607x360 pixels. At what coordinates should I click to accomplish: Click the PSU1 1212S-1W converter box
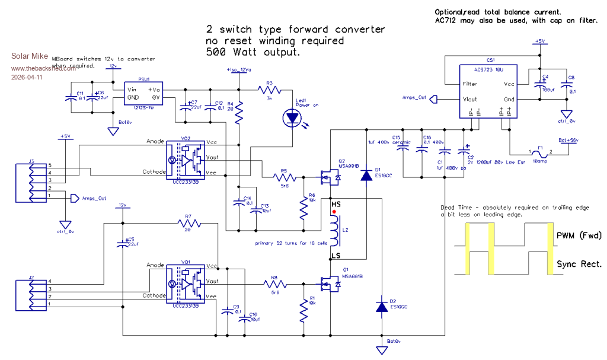(143, 94)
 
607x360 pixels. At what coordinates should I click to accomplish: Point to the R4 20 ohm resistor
(239, 114)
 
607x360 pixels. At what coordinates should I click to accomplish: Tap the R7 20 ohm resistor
(189, 224)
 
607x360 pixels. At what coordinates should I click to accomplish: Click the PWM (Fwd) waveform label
(579, 235)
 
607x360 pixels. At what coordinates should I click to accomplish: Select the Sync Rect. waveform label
(579, 263)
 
